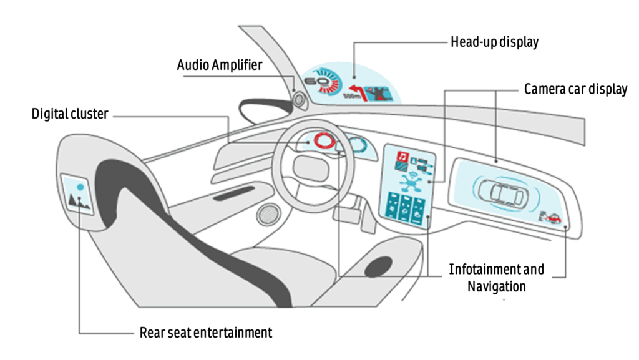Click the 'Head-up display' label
tap(494, 43)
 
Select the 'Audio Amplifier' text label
tap(220, 65)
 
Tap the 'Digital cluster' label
tap(70, 114)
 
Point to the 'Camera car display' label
tap(575, 89)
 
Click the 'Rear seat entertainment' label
tap(205, 332)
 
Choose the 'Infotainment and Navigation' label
tap(496, 278)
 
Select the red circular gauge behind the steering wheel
tap(324, 141)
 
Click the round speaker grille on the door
tap(270, 214)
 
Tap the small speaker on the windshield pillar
tap(297, 98)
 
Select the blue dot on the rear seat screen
tap(79, 185)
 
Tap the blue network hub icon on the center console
tap(409, 183)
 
